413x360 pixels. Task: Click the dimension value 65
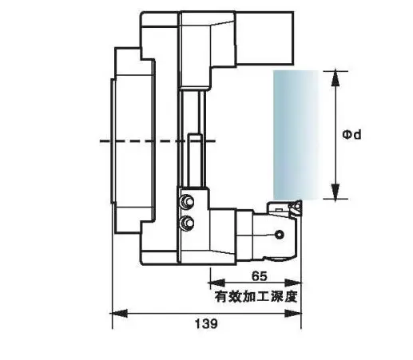click(x=259, y=276)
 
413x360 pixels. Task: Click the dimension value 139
click(x=206, y=324)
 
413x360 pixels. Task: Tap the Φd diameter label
click(x=351, y=135)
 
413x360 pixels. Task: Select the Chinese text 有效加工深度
click(x=256, y=297)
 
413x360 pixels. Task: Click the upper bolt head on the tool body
click(x=187, y=202)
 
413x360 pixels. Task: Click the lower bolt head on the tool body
click(x=187, y=223)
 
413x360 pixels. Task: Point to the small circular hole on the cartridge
click(x=280, y=235)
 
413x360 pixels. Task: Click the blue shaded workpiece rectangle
click(x=296, y=135)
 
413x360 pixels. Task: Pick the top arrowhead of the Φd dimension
click(x=336, y=78)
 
